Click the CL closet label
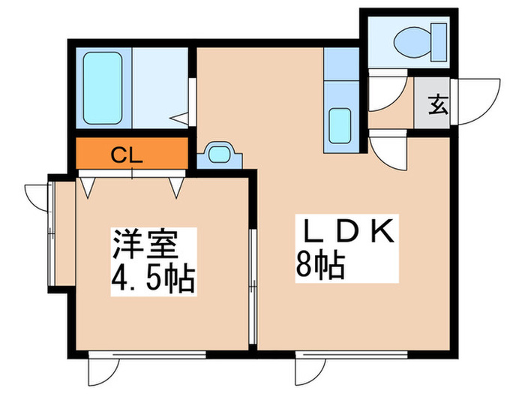(127, 155)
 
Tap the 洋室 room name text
(145, 244)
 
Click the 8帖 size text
(320, 264)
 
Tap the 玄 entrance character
(438, 104)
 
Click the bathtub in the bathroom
(103, 88)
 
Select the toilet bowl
(412, 42)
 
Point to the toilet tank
(439, 42)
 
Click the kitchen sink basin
(340, 125)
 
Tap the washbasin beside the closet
(219, 154)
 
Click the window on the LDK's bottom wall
(351, 354)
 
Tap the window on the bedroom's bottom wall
(147, 354)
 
